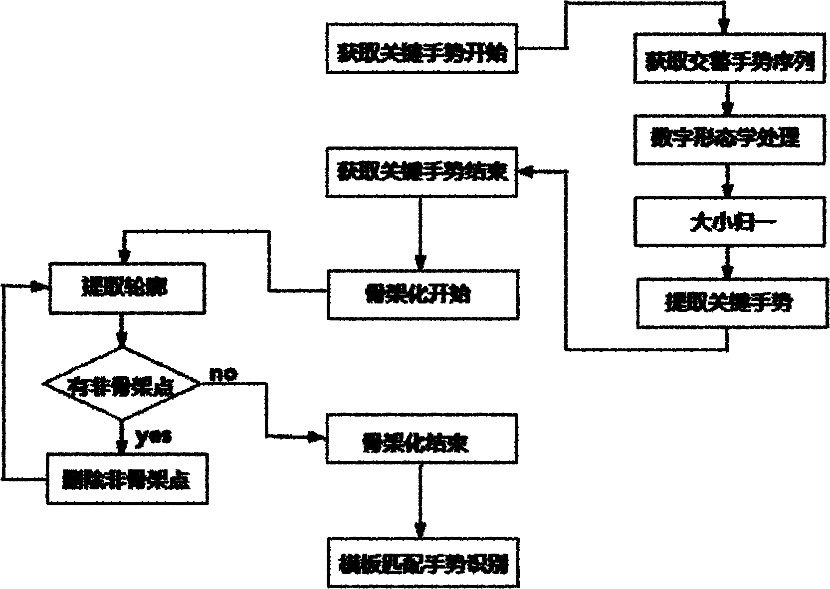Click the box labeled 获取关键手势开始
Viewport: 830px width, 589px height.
click(422, 48)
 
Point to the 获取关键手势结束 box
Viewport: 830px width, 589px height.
click(422, 172)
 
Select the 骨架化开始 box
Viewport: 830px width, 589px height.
click(422, 294)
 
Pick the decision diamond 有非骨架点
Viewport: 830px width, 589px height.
click(122, 384)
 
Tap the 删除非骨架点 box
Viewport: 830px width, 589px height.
click(127, 478)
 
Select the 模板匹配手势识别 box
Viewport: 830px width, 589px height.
click(422, 563)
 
